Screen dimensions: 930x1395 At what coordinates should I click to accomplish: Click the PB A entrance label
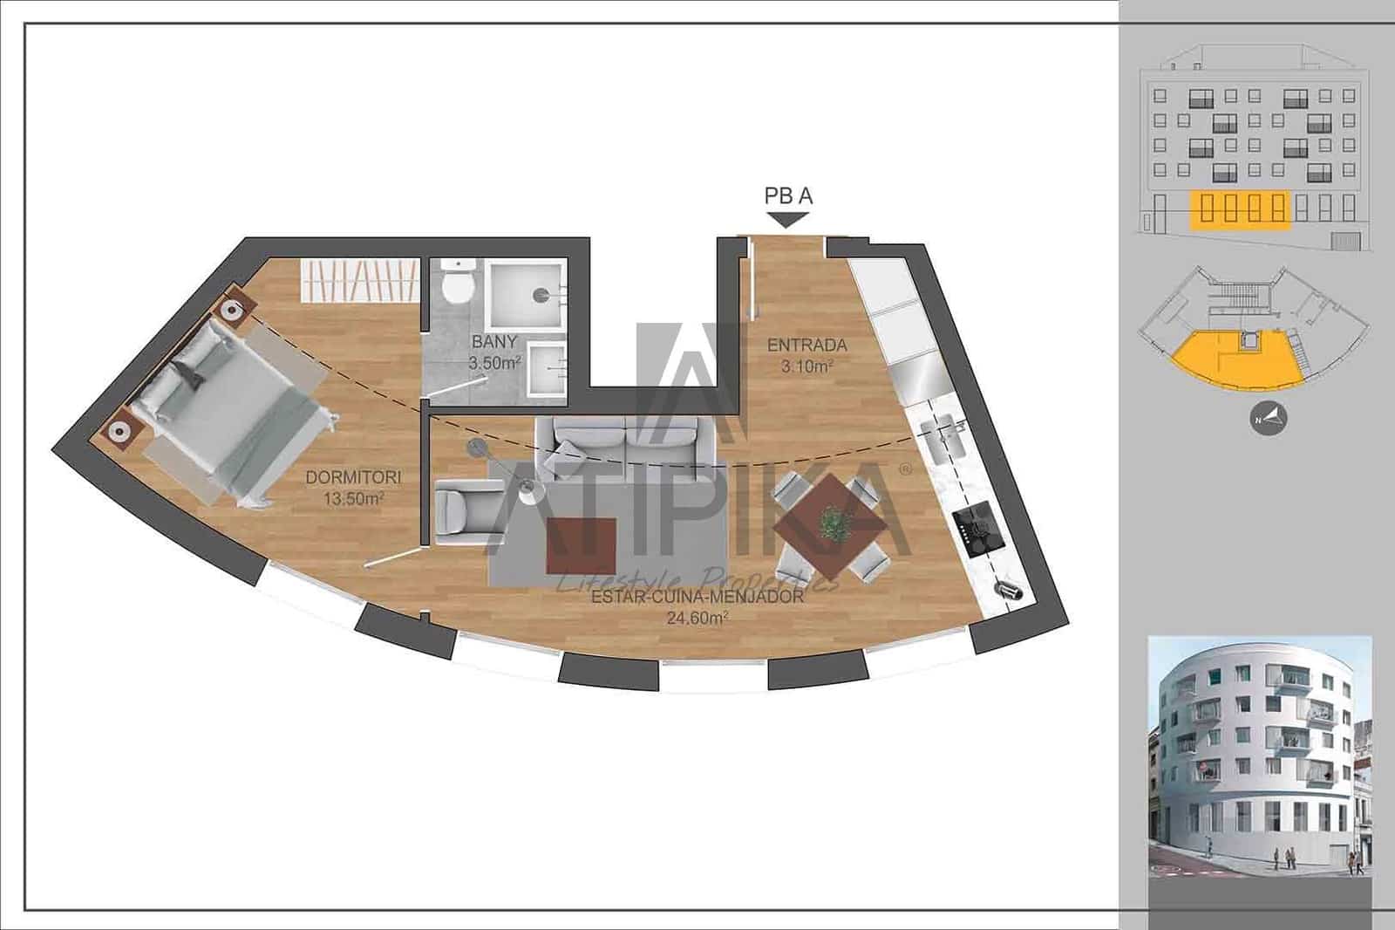tap(788, 195)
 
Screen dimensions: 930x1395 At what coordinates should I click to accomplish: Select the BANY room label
tap(494, 342)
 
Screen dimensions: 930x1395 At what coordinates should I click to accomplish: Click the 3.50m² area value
tap(494, 363)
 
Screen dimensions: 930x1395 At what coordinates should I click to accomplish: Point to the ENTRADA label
tap(806, 345)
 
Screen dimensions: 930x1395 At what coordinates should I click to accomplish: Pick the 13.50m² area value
tap(353, 498)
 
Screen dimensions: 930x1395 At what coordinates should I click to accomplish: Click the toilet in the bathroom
tap(457, 283)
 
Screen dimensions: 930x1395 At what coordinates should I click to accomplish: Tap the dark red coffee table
tap(581, 544)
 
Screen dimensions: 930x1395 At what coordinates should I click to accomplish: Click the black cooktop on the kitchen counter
tap(976, 523)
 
